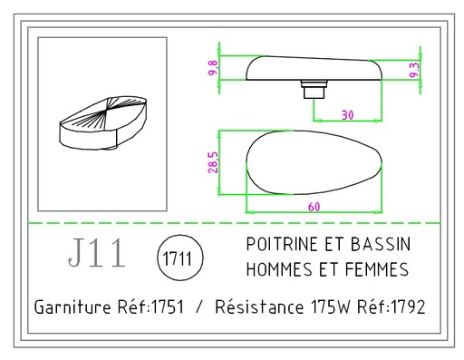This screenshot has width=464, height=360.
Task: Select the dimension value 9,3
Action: pos(414,70)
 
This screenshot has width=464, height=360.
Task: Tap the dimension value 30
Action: pos(347,114)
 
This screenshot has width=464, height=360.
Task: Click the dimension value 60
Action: pos(313,206)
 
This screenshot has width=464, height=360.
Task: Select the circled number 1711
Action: pos(179,258)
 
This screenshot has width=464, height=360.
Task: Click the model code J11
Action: pos(97,255)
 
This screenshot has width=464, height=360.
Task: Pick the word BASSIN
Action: pos(381,246)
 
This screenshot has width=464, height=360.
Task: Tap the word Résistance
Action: pos(258,307)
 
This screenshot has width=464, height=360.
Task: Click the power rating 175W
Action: pos(330,307)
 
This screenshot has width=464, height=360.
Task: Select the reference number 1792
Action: pos(406,307)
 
